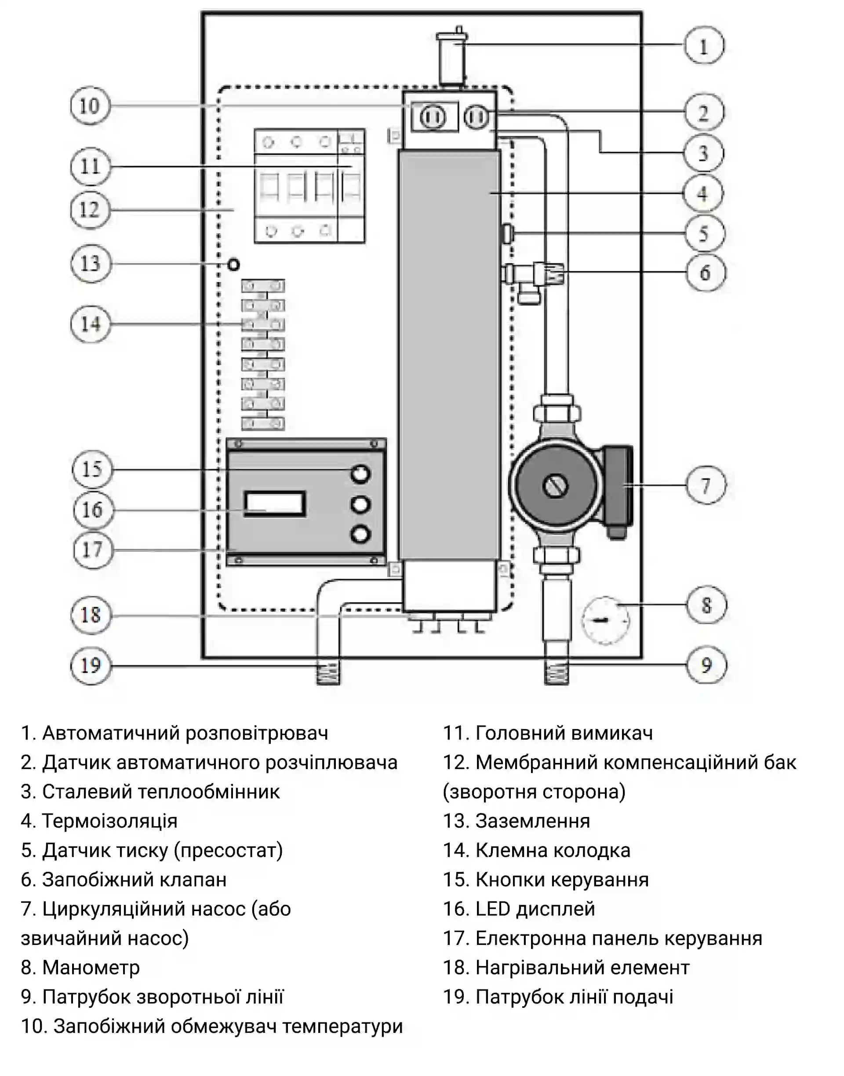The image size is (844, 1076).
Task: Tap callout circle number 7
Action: pyautogui.click(x=706, y=485)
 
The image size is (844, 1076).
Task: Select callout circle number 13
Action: pyautogui.click(x=90, y=263)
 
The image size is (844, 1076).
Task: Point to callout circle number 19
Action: pyautogui.click(x=91, y=665)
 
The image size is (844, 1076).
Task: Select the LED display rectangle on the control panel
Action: pyautogui.click(x=275, y=504)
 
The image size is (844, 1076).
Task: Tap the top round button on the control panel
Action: pyautogui.click(x=360, y=474)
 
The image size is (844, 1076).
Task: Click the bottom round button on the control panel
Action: pyautogui.click(x=360, y=534)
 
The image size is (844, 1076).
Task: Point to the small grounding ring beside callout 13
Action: pyautogui.click(x=233, y=264)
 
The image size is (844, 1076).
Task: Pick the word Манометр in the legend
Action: pyautogui.click(x=91, y=967)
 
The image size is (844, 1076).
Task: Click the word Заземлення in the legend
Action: pyautogui.click(x=532, y=821)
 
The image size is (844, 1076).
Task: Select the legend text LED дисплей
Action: pyautogui.click(x=535, y=909)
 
